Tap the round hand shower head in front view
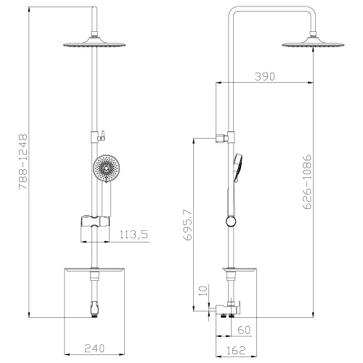coord(107,169)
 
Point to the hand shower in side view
coord(234,168)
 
